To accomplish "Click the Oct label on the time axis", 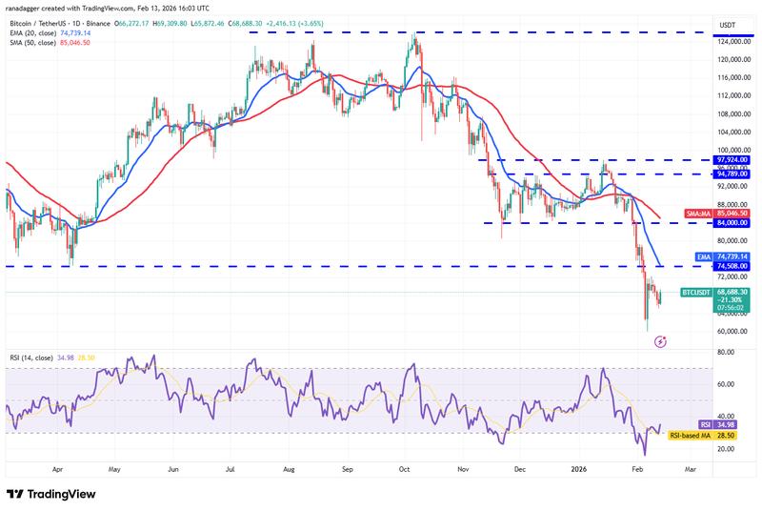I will pyautogui.click(x=405, y=470).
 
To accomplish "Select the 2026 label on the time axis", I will pyautogui.click(x=578, y=470).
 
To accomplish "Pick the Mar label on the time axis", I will pyautogui.click(x=691, y=470).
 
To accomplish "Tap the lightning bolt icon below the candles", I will pyautogui.click(x=661, y=339).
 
